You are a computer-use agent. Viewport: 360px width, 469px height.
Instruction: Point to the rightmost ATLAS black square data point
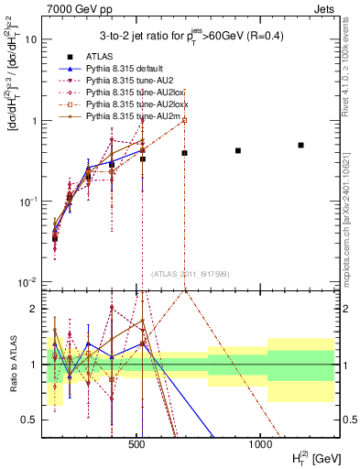300,145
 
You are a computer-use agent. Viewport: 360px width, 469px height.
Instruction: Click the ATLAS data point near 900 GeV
238,150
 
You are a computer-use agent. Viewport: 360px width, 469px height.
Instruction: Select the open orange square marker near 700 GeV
184,120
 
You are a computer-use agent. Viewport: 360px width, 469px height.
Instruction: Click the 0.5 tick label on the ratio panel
29,420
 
